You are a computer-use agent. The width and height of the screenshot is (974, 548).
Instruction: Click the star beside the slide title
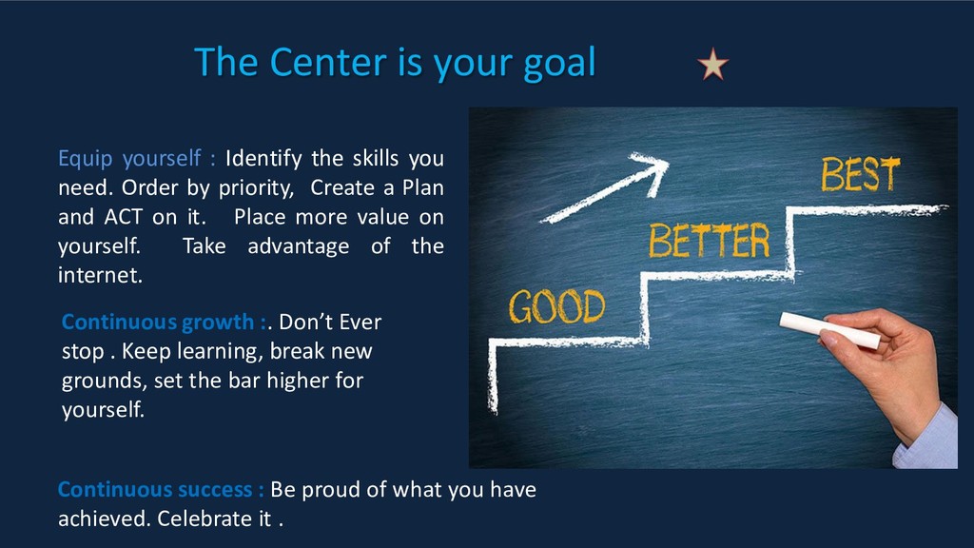[x=712, y=65]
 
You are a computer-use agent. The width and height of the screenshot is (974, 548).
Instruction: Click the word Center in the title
[x=328, y=62]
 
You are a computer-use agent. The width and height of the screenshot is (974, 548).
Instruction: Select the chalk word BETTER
[x=710, y=241]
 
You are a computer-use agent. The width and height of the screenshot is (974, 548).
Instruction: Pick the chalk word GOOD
[x=556, y=306]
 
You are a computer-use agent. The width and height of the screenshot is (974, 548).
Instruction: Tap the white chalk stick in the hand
[x=829, y=330]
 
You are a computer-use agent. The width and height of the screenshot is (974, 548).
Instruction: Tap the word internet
[x=100, y=275]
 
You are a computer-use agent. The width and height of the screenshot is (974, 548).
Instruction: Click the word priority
[x=256, y=188]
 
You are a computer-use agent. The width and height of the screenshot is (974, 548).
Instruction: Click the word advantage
[x=298, y=247]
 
